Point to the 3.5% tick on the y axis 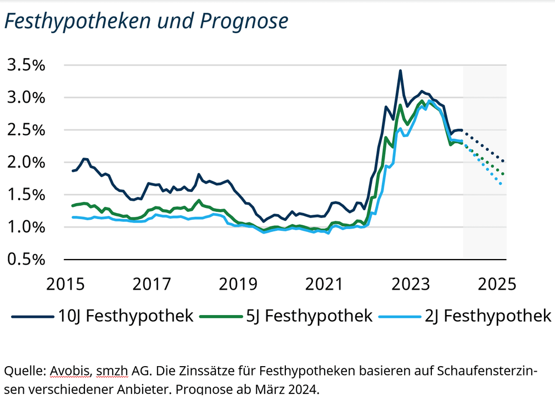tap(26, 65)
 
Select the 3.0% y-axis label tap(26, 98)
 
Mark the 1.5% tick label tap(26, 195)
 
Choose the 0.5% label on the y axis tap(26, 260)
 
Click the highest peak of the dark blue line tap(400, 71)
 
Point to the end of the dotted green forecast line tap(503, 174)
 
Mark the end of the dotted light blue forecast tap(501, 184)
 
